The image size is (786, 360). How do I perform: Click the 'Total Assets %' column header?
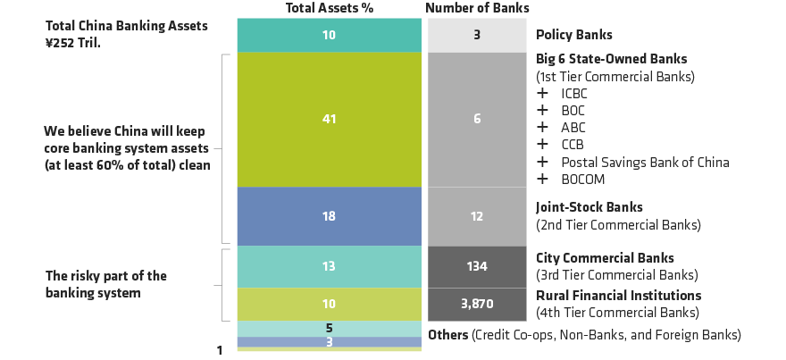[x=328, y=8]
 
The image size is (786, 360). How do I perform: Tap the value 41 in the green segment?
[x=328, y=118]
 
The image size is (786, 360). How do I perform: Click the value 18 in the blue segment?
[x=328, y=215]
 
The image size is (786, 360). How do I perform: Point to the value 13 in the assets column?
[x=328, y=265]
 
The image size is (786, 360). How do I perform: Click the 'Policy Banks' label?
[x=573, y=35]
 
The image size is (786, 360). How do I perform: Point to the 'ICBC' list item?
[x=575, y=93]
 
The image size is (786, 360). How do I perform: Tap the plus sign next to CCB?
[x=541, y=145]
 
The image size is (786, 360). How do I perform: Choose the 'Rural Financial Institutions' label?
[x=618, y=295]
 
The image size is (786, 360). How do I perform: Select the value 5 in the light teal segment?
[x=328, y=328]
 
